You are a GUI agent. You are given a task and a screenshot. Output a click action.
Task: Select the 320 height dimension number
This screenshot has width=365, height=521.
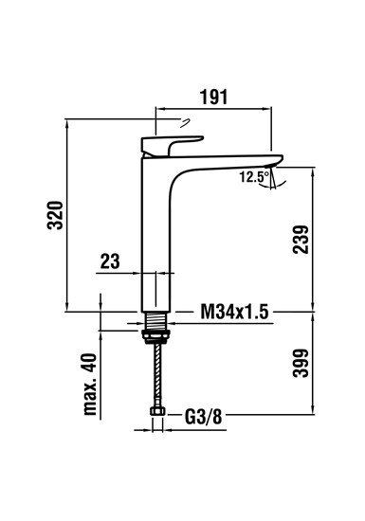(56, 215)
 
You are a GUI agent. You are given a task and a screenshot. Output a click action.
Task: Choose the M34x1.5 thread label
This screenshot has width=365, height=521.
(232, 311)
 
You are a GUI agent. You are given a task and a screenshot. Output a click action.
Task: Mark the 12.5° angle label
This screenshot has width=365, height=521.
(252, 176)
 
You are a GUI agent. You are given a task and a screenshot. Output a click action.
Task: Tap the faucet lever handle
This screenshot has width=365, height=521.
(167, 143)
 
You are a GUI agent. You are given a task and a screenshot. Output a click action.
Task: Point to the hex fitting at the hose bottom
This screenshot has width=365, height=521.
(155, 414)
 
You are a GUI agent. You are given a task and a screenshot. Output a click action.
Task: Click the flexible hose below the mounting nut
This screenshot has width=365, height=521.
(155, 374)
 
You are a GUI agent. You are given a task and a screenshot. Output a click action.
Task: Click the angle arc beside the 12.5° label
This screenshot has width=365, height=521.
(274, 178)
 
